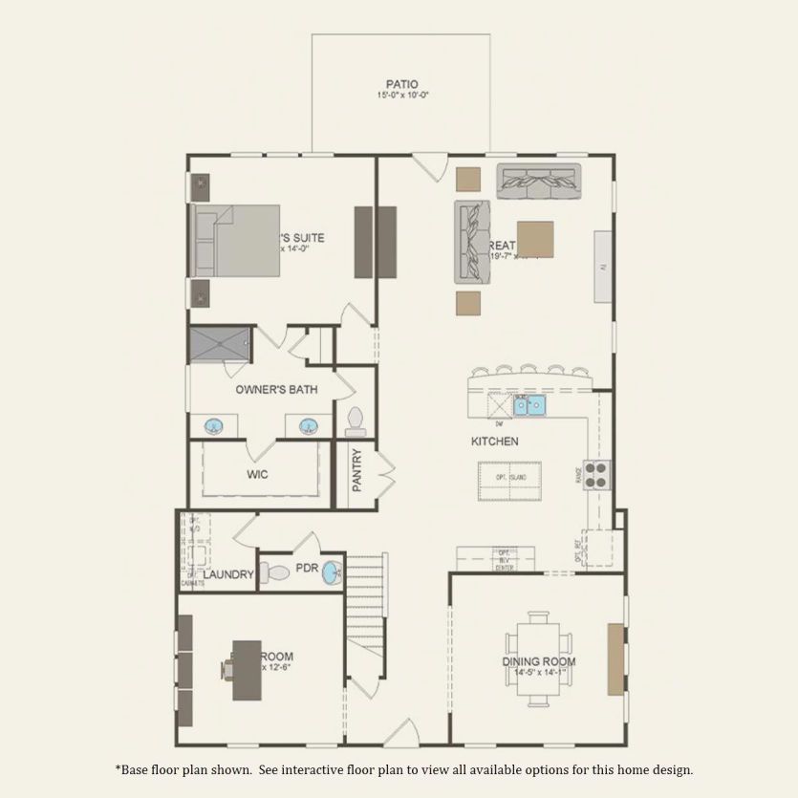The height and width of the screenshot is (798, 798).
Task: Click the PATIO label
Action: click(401, 84)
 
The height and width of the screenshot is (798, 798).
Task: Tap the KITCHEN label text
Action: click(495, 442)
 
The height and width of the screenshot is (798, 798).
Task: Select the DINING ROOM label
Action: click(539, 661)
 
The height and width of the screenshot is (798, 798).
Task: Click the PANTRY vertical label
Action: click(357, 469)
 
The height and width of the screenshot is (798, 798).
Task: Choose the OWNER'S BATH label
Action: click(276, 389)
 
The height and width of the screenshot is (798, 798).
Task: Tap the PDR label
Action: click(306, 567)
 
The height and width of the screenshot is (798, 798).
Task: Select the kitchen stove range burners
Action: click(597, 474)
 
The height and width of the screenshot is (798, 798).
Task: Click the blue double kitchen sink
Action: click(529, 406)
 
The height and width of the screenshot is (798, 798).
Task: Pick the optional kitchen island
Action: click(509, 480)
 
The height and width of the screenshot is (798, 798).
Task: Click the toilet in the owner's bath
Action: click(356, 419)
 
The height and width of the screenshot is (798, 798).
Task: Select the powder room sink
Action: click(331, 572)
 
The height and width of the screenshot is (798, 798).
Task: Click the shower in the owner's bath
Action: click(220, 342)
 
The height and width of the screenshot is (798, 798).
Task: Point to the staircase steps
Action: click(364, 593)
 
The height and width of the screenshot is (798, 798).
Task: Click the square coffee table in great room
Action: click(535, 240)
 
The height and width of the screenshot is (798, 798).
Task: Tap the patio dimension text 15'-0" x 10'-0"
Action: click(401, 97)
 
